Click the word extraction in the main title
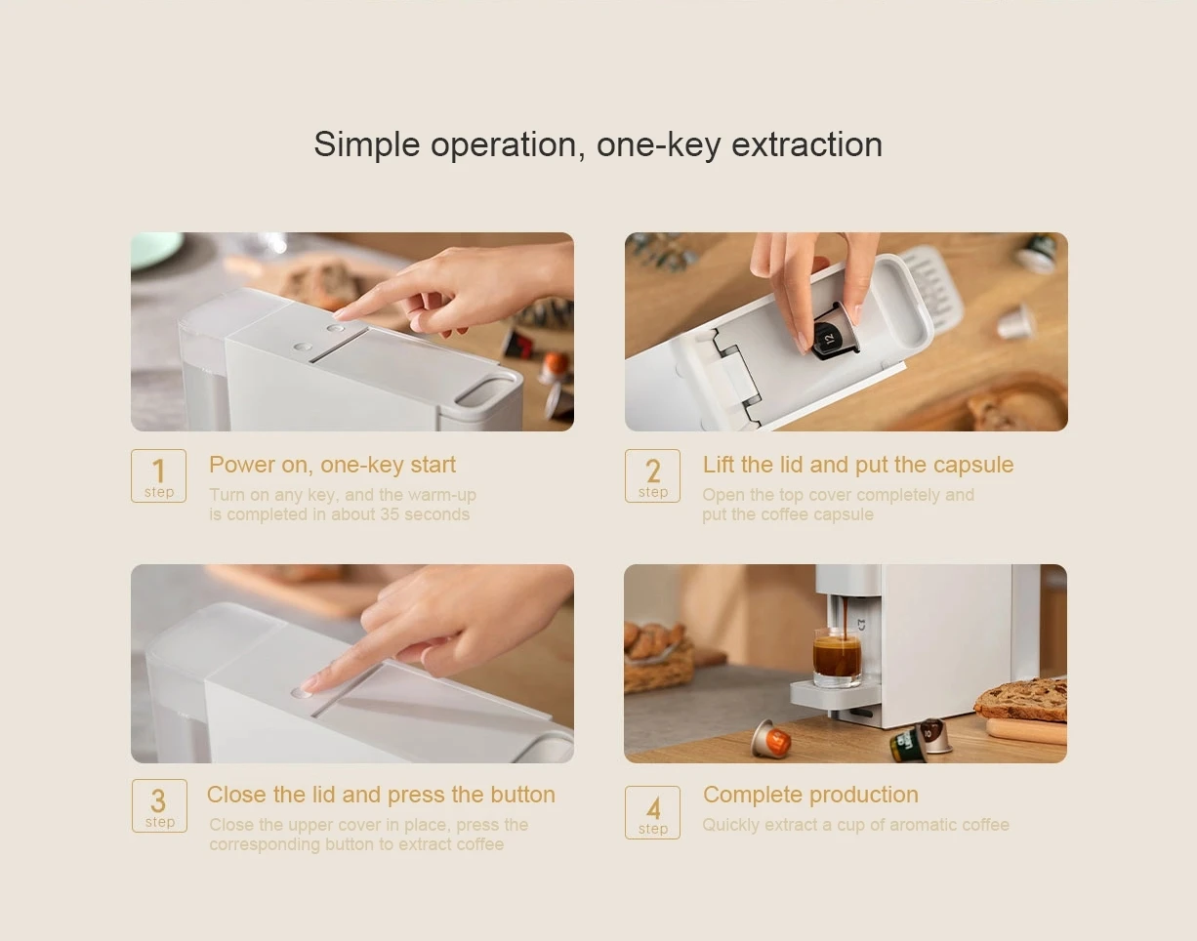tap(806, 144)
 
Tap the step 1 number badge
tap(158, 475)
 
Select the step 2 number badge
tap(652, 475)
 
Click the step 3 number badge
tap(158, 805)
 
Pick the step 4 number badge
tap(652, 812)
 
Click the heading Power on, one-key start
tap(332, 465)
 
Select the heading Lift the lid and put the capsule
tap(857, 465)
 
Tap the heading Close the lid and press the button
tap(381, 795)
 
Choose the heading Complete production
tap(810, 795)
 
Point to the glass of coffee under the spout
tap(837, 658)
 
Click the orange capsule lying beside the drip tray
tap(771, 739)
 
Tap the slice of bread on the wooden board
tap(1021, 700)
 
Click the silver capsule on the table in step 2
tap(1016, 321)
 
